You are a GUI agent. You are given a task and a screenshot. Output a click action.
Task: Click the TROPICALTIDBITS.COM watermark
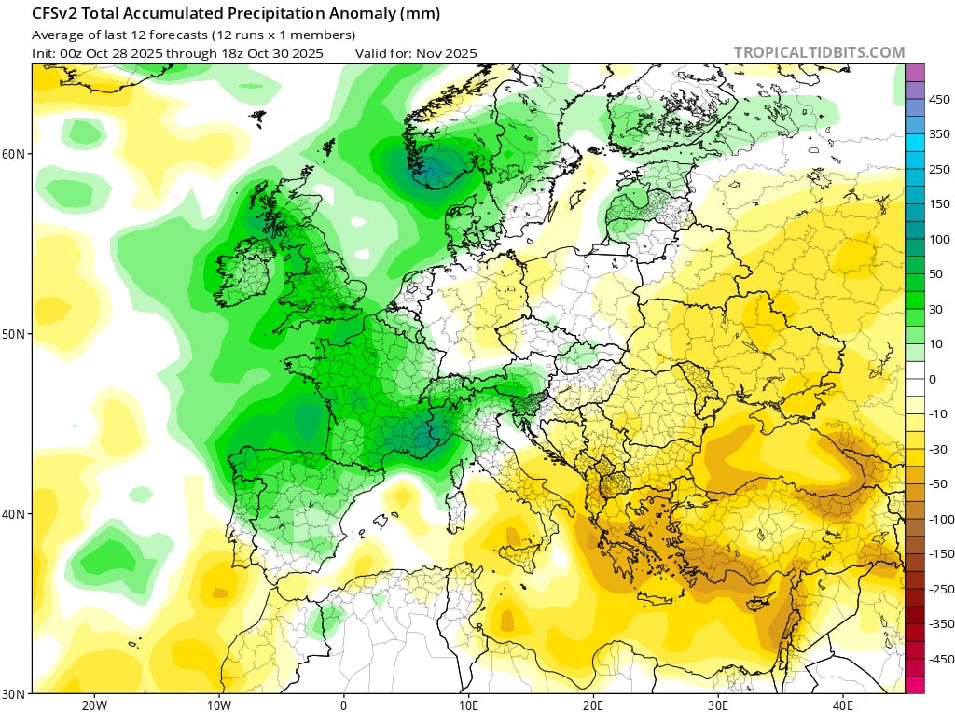[819, 53]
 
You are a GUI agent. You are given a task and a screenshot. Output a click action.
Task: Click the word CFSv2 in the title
[55, 15]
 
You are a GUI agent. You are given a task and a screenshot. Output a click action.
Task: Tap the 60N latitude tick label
[17, 154]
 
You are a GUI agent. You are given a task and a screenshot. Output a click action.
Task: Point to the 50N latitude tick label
[17, 334]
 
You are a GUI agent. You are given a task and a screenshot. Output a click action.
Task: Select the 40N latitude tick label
[17, 514]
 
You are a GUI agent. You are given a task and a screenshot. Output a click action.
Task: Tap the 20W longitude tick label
[94, 705]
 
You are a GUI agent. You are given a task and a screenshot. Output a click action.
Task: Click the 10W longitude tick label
[219, 705]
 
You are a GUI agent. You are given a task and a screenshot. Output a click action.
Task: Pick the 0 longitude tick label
[344, 705]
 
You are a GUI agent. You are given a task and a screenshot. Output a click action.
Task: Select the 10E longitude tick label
[468, 705]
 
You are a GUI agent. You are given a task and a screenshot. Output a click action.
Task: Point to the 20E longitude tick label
[593, 705]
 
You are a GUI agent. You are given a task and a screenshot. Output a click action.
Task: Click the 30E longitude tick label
[718, 705]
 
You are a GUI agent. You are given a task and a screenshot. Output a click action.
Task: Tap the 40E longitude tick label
[843, 705]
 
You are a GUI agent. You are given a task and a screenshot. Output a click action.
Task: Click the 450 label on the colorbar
[939, 99]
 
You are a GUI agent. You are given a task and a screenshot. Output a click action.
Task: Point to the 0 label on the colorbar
[932, 379]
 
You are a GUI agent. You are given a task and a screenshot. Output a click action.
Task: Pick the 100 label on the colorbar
[939, 239]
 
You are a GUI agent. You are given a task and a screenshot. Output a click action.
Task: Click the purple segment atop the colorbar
[915, 72]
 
